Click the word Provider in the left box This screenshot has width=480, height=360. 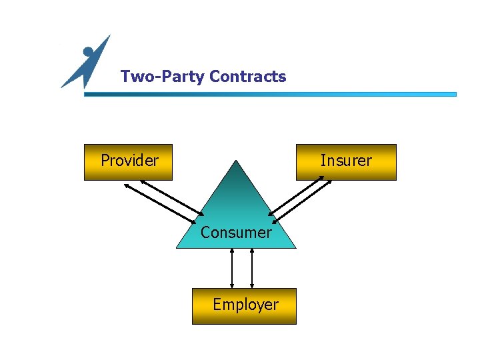(129, 161)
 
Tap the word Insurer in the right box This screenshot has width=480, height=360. (346, 161)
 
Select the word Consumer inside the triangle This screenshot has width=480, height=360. (236, 233)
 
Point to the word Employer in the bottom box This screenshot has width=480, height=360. (245, 305)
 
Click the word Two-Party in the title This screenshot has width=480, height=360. (163, 77)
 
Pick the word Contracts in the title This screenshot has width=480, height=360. (247, 77)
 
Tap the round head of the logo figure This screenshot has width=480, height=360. (88, 51)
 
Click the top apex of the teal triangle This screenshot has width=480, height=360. (236, 161)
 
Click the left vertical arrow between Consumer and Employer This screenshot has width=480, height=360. (232, 268)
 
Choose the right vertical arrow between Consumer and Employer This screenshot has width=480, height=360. (252, 268)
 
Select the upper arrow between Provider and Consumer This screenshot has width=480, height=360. (172, 198)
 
